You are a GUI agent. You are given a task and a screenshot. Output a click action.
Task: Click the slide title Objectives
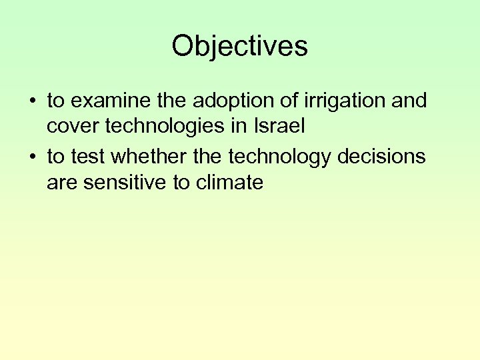[239, 46]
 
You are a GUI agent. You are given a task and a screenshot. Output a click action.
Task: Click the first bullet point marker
[32, 101]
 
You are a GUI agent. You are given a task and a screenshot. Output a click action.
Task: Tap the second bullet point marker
[32, 157]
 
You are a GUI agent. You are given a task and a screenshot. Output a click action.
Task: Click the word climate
[228, 182]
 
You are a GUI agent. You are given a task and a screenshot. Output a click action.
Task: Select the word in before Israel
[247, 126]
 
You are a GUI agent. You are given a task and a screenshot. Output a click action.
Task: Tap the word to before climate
[181, 183]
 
